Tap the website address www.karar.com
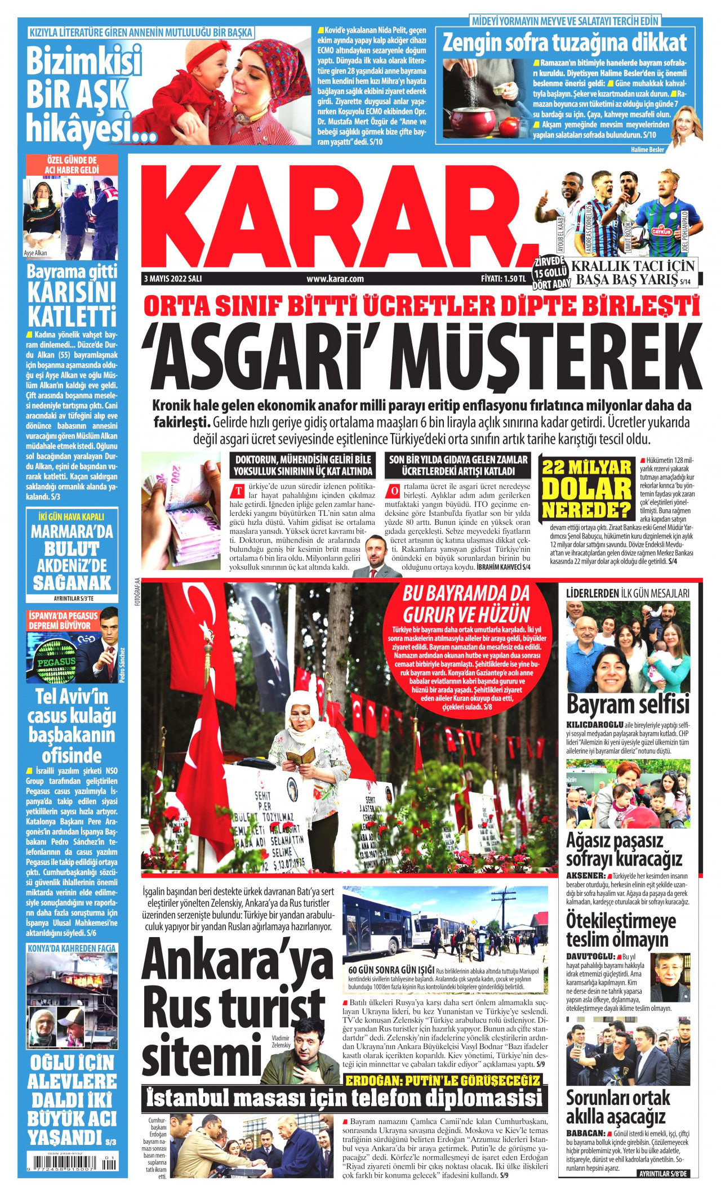pos(335,278)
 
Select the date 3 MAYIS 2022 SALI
pos(173,278)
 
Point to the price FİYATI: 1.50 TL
pos(503,278)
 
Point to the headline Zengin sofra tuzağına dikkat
pos(564,43)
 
